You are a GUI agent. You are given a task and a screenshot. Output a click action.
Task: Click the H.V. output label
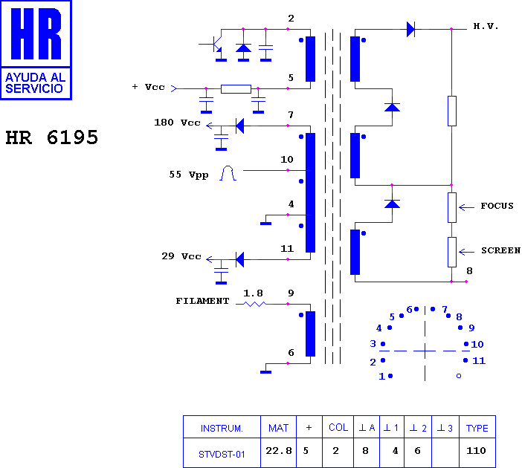point(486,26)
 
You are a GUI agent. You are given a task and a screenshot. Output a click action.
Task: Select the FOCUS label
point(497,206)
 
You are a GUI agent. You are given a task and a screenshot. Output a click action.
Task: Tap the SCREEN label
point(500,250)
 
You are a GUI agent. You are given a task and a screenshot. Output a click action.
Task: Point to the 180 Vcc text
point(177,123)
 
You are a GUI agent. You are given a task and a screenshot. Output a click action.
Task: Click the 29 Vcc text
point(181,256)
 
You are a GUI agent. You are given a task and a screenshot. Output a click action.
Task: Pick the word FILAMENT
point(202,301)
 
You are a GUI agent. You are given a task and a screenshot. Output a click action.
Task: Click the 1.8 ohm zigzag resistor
point(254,304)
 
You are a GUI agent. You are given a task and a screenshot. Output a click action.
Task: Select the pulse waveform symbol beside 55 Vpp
point(228,173)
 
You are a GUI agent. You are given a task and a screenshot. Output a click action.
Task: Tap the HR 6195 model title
point(52,137)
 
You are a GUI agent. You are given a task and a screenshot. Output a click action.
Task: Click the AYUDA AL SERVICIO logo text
point(34,82)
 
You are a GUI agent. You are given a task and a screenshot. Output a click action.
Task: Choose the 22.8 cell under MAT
point(279,451)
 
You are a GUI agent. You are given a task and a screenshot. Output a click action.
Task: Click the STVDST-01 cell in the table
point(222,455)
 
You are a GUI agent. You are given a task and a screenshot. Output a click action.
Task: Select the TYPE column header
point(477,428)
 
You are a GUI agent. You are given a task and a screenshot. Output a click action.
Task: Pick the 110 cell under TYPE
point(476,451)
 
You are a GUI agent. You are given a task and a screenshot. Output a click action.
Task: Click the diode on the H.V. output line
point(410,29)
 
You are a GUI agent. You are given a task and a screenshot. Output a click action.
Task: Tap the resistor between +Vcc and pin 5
point(236,89)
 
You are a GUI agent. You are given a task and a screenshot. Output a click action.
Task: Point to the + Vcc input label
point(149,87)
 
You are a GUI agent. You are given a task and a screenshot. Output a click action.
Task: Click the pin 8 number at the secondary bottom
point(469,271)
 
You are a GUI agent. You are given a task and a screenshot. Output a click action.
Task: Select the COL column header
point(338,427)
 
